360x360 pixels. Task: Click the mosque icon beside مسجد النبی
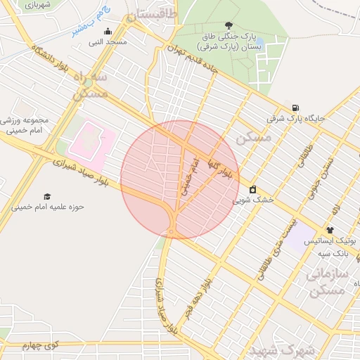tap(108, 31)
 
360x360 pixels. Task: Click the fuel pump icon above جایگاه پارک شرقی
tap(295, 108)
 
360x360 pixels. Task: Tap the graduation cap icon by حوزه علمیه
tap(47, 197)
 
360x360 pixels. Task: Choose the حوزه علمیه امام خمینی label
tap(48, 207)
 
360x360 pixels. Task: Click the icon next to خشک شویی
tap(253, 189)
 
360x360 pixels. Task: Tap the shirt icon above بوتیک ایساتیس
tap(330, 230)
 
